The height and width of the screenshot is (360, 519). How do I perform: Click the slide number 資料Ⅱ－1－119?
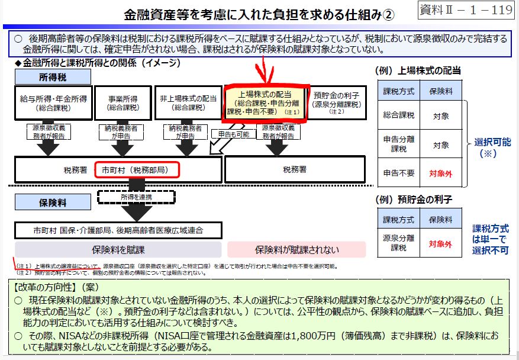[x=466, y=10]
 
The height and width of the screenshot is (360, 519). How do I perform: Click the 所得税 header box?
[x=54, y=77]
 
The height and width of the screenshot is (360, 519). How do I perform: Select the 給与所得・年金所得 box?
[x=54, y=103]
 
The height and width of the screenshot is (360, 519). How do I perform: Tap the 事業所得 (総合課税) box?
[x=123, y=103]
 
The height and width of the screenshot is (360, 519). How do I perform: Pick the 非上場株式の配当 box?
[x=188, y=103]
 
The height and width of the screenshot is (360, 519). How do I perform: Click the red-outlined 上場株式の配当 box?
[x=264, y=103]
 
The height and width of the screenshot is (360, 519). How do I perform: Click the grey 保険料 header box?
[x=54, y=203]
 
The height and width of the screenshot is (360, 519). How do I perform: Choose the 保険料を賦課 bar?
[x=118, y=249]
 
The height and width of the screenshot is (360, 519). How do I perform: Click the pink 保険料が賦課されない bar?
[x=297, y=249]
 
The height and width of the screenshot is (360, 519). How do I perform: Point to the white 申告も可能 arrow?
[x=232, y=134]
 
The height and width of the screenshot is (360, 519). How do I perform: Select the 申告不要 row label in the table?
[x=398, y=173]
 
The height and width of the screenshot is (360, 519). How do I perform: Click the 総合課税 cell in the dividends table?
[x=398, y=117]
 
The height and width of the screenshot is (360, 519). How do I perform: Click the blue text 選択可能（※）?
[x=492, y=147]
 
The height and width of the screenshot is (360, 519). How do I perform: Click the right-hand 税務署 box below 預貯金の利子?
[x=294, y=170]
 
